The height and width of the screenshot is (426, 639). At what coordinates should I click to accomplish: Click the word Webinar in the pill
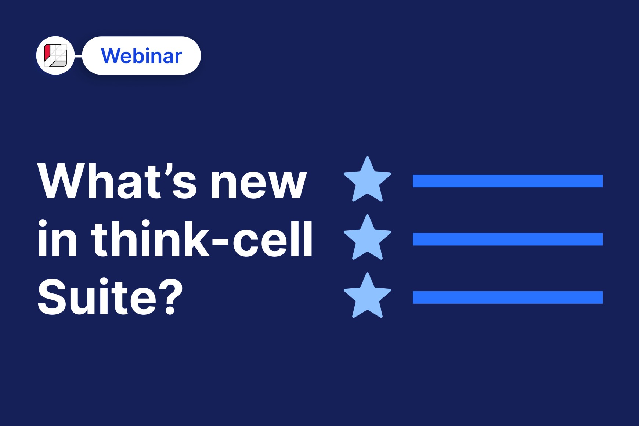tap(141, 56)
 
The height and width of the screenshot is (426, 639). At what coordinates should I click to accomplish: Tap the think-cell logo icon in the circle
tap(55, 55)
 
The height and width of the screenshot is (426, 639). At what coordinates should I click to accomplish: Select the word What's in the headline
tap(118, 181)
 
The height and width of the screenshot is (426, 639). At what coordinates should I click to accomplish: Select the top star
tap(367, 180)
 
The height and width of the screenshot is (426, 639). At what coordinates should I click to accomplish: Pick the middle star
tap(367, 238)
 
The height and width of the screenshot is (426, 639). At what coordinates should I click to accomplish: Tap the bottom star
tap(367, 296)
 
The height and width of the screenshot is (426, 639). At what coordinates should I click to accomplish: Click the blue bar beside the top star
tap(508, 181)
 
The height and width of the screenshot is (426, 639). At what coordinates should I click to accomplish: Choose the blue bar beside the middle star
tap(508, 239)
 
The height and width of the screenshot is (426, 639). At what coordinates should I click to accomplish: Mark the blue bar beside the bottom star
tap(508, 297)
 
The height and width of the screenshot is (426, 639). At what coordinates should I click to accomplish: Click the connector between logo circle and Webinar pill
tap(78, 56)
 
